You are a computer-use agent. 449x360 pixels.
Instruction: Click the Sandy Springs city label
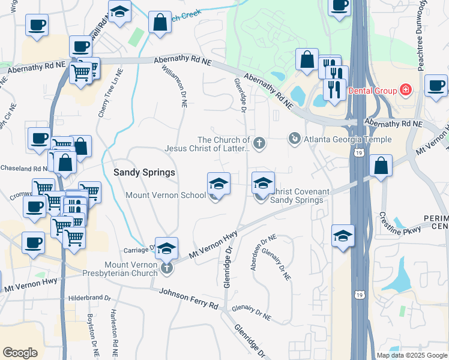coord(144,172)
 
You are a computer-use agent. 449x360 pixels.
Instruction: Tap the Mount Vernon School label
coord(166,196)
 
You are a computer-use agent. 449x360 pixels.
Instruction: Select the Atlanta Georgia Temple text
coord(348,139)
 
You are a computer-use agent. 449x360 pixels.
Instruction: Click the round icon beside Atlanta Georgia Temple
coord(294,139)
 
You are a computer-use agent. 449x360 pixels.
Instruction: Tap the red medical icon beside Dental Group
coord(406,90)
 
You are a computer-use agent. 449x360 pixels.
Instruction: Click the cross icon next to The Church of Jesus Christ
coord(259,143)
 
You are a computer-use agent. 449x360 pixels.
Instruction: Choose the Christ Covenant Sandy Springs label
coord(298,196)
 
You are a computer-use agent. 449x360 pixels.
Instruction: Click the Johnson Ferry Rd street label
coord(188,298)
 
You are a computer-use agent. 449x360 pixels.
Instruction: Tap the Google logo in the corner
coord(20,352)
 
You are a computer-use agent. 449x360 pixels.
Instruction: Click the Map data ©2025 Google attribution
coord(411,355)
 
